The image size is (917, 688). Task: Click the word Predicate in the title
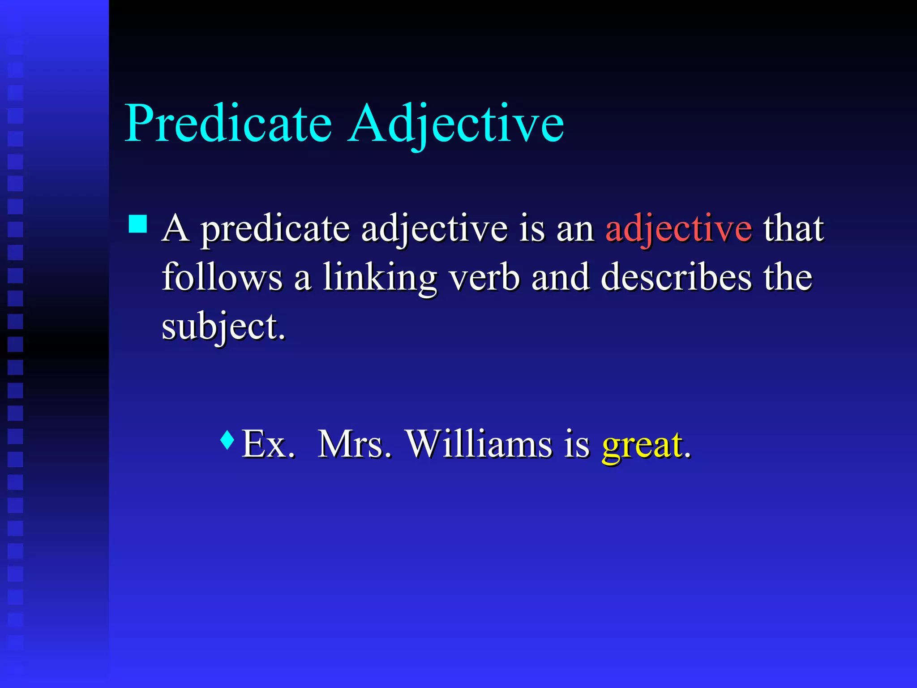pos(228,123)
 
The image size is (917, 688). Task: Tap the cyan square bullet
pos(137,224)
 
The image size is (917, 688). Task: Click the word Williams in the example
pos(479,444)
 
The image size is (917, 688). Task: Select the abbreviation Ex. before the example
pos(268,444)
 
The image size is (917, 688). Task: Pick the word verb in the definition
pos(484,278)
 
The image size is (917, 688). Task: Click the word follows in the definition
pos(222,278)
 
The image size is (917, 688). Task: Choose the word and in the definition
pos(560,278)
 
